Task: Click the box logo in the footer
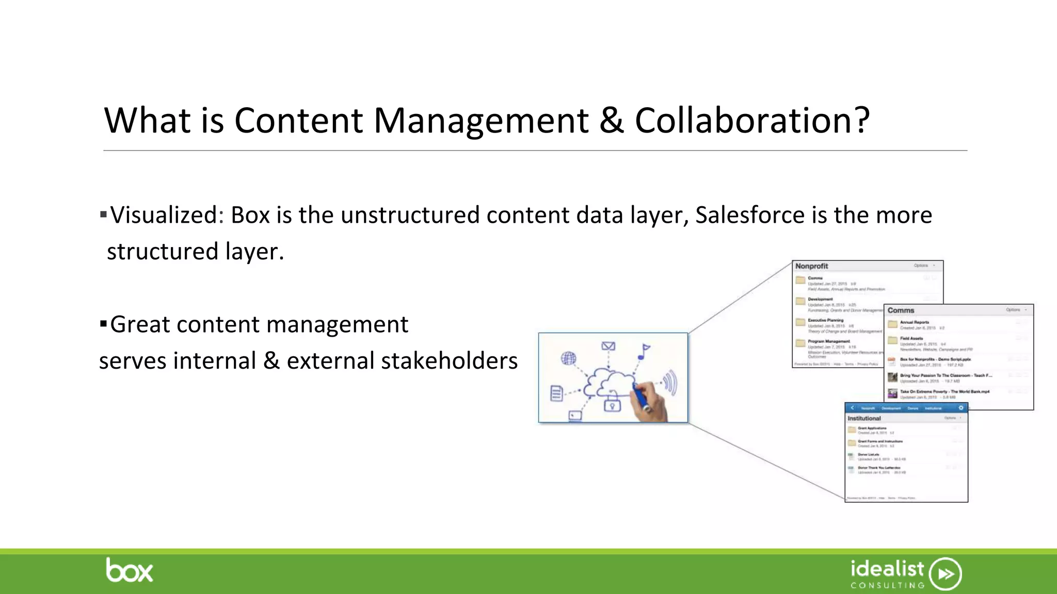tap(130, 571)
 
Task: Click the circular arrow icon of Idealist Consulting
tap(946, 573)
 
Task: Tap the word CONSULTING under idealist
tap(888, 586)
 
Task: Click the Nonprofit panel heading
tap(811, 266)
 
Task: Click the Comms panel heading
tap(901, 310)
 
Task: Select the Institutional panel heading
tap(864, 418)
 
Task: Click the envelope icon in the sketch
tap(608, 346)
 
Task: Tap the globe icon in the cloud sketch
tap(568, 358)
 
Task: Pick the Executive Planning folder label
tap(826, 320)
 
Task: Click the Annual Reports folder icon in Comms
tap(892, 324)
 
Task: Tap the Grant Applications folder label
tap(872, 428)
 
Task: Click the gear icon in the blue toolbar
tap(960, 408)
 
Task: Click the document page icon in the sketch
tap(556, 393)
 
